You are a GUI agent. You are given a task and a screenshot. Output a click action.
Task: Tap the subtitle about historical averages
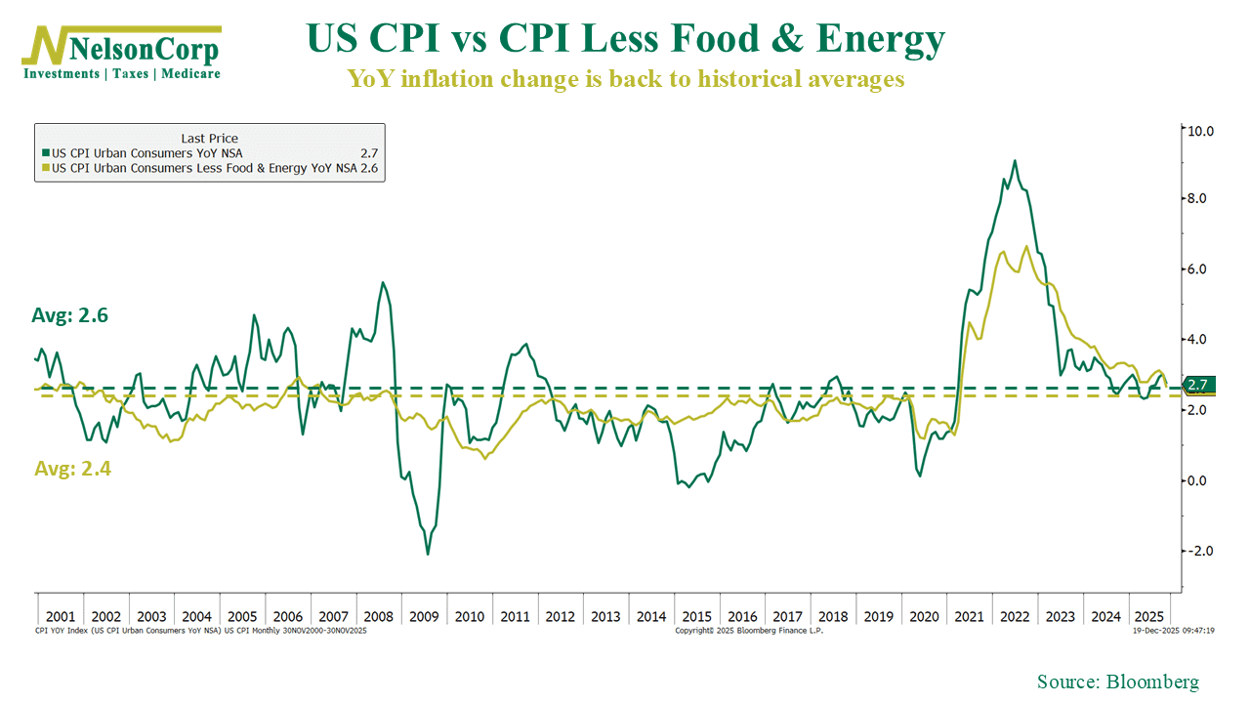[x=626, y=79]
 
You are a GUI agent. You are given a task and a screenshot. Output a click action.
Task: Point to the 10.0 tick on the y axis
[x=1198, y=130]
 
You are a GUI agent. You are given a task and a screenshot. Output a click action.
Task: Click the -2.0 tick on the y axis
[x=1198, y=551]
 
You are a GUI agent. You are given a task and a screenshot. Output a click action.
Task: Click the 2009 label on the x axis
[x=423, y=617]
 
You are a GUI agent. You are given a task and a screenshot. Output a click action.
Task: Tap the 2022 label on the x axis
[x=1015, y=617]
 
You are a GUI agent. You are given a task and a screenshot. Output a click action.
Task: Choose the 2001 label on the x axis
[x=60, y=617]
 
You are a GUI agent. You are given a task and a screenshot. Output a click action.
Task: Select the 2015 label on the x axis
[x=696, y=617]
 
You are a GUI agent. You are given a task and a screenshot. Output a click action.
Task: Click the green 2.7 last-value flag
[x=1197, y=385]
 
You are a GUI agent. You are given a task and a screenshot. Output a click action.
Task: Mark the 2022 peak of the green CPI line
[x=1015, y=161]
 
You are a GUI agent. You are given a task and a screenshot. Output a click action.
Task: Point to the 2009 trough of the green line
[x=428, y=555]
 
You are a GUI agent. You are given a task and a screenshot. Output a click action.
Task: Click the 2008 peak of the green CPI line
[x=382, y=282]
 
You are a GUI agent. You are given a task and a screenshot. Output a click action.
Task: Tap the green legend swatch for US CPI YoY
[x=45, y=153]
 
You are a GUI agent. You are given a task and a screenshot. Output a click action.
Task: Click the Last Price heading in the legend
[x=209, y=139]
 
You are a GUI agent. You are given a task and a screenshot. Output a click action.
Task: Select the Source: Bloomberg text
[x=1117, y=682]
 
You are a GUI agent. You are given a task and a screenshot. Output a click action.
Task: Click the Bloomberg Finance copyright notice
[x=748, y=631]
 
